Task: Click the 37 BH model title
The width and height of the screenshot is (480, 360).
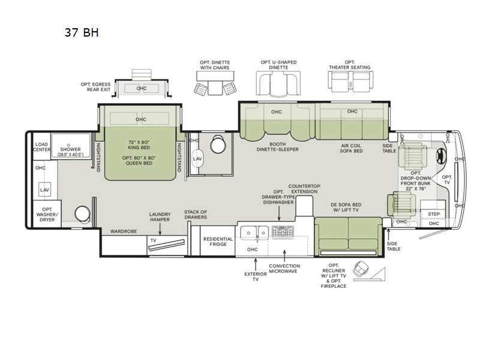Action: pos(82,32)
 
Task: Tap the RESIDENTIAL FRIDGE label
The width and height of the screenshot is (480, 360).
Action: pos(218,242)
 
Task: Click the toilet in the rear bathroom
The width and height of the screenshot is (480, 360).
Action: pos(82,214)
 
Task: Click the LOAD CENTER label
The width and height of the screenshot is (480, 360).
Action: pos(41,147)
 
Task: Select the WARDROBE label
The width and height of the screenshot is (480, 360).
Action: pos(123,231)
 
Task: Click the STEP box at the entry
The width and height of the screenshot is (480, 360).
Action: pos(433,214)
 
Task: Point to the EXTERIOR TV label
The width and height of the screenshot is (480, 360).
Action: pos(256,276)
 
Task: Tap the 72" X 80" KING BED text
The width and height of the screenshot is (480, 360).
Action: pos(140,145)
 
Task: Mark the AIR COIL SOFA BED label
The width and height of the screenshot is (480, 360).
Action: pos(352,148)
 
